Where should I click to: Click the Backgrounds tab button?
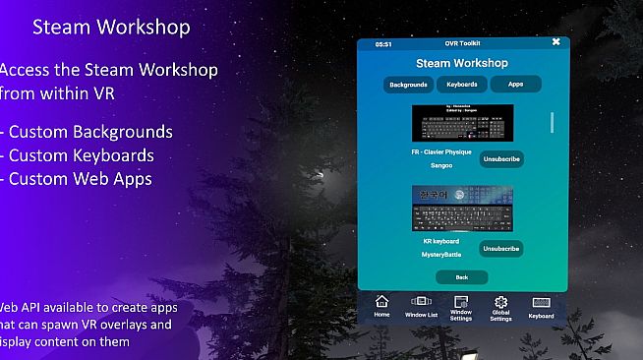point(408,85)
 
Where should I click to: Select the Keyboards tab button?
point(462,85)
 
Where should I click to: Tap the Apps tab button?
point(516,85)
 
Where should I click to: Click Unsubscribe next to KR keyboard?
point(500,249)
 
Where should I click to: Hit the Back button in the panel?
point(461,277)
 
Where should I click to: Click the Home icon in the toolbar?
point(381,306)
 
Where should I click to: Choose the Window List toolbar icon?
point(421,306)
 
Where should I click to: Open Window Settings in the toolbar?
point(460,306)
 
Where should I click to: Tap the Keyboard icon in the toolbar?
point(540,306)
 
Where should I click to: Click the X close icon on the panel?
point(555,42)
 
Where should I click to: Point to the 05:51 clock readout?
point(383,44)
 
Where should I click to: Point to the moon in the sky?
point(320,175)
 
